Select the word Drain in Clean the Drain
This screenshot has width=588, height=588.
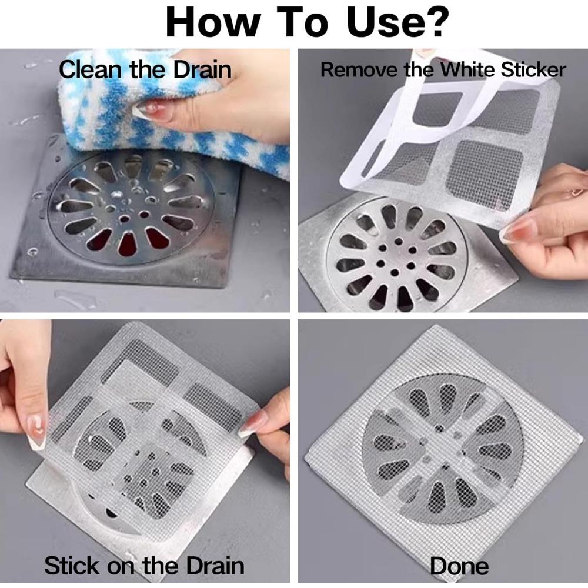(202, 69)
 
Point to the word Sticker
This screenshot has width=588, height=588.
(533, 70)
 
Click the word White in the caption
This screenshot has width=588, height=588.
(469, 70)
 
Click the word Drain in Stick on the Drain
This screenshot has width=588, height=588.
(215, 566)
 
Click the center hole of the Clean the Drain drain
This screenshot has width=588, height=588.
(125, 218)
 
